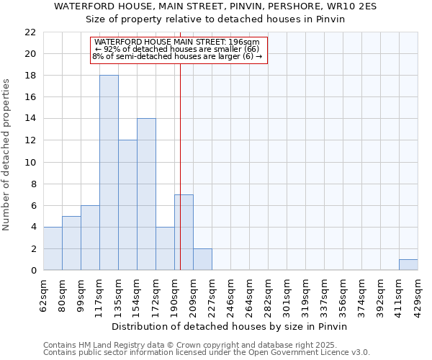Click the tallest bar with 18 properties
pos(109,173)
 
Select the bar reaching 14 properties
pos(146,194)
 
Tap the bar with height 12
pos(127,205)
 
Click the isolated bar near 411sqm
pos(408,264)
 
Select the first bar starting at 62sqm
pos(53,248)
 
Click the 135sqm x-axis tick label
pos(119,294)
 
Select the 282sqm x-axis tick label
pos(269,294)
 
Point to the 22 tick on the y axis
pos(30,32)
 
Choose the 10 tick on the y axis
pos(30,162)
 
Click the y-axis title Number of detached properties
pos(7,155)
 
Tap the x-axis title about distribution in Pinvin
pos(230,326)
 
